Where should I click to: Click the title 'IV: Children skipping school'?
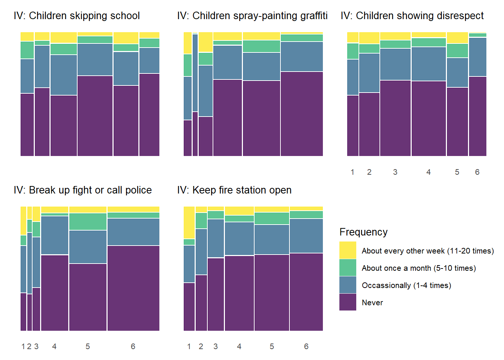[x=76, y=16]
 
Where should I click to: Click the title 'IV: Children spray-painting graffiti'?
[x=252, y=16]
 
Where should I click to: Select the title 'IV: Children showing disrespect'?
[x=412, y=16]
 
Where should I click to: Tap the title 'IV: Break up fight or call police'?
[x=82, y=190]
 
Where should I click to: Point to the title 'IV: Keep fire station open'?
[x=234, y=190]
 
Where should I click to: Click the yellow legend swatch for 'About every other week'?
[x=348, y=250]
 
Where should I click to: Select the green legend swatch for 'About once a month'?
[x=348, y=268]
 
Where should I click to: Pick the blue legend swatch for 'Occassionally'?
[x=348, y=285]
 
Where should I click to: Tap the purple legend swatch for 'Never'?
[x=348, y=302]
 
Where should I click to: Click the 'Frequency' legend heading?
[x=363, y=232]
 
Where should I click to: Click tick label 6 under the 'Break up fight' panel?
[x=133, y=346]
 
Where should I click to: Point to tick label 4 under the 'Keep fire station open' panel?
[x=239, y=346]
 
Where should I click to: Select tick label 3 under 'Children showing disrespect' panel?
[x=395, y=172]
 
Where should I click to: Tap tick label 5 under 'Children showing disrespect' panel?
[x=457, y=172]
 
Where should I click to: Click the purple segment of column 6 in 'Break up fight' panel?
[x=133, y=288]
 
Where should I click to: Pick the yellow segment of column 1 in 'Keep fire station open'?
[x=189, y=223]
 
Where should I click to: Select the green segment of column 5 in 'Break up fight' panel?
[x=88, y=222]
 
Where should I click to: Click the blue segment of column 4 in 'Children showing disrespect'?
[x=429, y=64]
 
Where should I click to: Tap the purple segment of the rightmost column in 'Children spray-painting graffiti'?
[x=301, y=114]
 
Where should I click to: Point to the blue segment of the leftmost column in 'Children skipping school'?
[x=27, y=76]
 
